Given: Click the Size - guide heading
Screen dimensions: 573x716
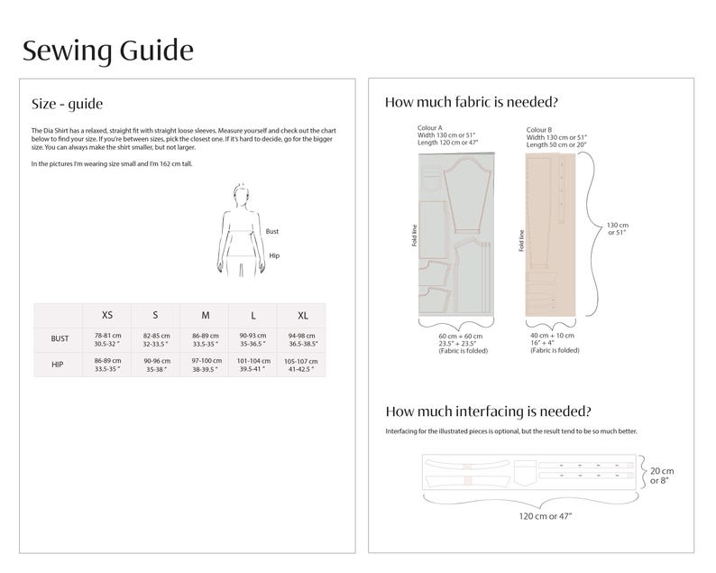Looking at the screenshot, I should point(73,104).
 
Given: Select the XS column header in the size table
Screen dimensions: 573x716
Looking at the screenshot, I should point(107,315).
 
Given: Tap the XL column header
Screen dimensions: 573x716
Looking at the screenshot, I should point(303,315).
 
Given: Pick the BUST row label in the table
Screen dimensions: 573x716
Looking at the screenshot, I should point(60,339).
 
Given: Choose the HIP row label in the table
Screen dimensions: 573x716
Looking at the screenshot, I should point(60,365).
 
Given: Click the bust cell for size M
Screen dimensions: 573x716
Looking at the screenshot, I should point(206,339).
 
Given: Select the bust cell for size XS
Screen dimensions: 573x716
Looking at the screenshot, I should point(107,339).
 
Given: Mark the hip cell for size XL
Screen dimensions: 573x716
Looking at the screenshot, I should point(303,365).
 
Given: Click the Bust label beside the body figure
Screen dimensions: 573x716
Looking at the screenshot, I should point(272,232).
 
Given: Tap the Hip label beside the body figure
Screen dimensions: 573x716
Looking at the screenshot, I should point(274,256).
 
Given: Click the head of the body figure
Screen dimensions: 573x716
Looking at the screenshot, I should point(240,191).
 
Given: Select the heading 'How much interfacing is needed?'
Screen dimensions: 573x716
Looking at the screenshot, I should point(488,411).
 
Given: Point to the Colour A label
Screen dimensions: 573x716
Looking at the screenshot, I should point(430,129).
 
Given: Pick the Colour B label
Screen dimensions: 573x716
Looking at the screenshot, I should point(540,129).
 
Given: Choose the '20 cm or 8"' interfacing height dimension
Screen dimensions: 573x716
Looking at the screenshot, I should point(662,476).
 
